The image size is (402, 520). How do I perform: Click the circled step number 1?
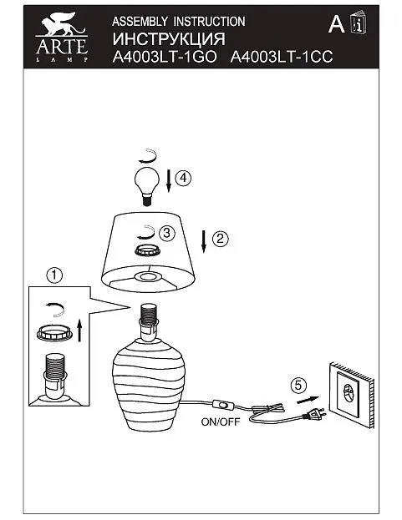54,275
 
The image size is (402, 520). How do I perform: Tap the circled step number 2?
220,239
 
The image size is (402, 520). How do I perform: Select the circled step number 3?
167,233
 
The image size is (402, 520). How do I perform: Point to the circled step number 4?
183,178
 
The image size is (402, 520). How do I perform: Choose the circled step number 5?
298,386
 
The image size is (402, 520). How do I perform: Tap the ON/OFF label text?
221,422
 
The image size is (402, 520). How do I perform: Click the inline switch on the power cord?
223,405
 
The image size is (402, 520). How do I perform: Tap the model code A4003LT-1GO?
165,57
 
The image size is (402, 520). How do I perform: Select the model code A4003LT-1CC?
282,57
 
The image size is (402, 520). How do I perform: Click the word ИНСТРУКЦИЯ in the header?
169,39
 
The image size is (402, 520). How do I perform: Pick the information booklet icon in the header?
359,23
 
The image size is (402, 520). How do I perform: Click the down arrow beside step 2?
204,242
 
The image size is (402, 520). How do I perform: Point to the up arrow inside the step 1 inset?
79,331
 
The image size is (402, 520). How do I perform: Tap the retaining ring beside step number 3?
148,250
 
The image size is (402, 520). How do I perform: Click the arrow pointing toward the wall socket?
308,400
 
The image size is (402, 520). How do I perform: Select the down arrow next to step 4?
169,181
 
